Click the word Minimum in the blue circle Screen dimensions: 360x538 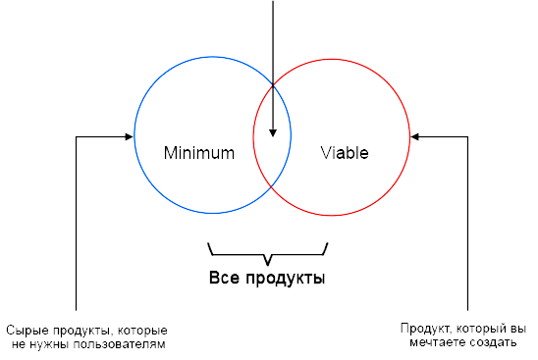pos(199,153)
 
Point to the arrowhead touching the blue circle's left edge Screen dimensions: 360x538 pos(129,136)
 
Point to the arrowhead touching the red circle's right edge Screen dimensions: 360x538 pos(416,136)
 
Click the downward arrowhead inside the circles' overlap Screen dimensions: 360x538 pos(272,133)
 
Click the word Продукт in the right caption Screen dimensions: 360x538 pos(422,329)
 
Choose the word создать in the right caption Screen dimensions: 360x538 pos(491,343)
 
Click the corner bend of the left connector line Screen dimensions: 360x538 pos(76,136)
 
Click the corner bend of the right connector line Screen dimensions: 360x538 pos(468,136)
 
